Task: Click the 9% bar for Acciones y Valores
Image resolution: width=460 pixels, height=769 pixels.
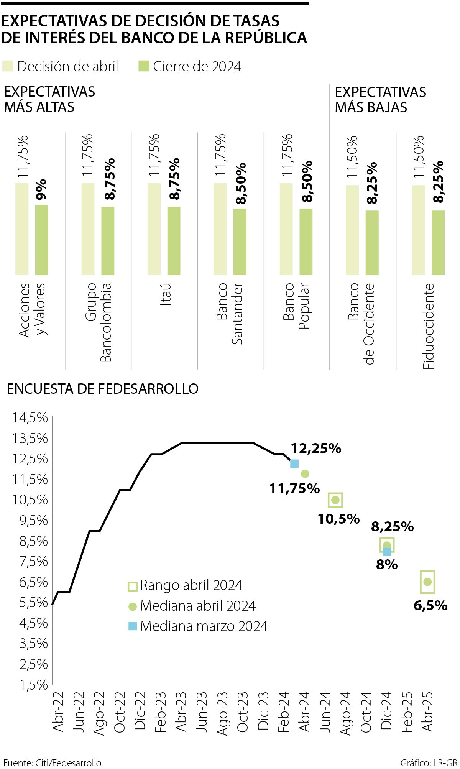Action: click(x=42, y=240)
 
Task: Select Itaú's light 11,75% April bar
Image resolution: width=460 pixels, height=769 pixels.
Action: click(x=154, y=229)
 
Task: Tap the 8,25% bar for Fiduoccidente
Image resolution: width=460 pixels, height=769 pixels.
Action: click(x=438, y=242)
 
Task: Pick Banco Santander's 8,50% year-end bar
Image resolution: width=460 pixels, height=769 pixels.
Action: click(x=240, y=242)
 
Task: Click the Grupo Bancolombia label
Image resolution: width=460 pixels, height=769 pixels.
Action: click(x=98, y=322)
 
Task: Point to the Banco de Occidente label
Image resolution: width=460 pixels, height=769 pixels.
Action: click(x=361, y=324)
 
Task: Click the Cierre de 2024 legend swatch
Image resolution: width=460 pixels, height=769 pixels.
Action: click(x=144, y=66)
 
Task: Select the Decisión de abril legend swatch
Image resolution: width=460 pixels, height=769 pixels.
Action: click(x=8, y=66)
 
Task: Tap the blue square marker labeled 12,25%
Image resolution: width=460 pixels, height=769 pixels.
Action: click(x=294, y=463)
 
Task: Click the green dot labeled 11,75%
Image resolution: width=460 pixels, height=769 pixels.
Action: click(x=305, y=473)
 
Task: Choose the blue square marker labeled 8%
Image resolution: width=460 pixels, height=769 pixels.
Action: click(x=387, y=551)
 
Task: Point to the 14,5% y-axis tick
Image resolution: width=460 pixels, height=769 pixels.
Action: click(x=30, y=418)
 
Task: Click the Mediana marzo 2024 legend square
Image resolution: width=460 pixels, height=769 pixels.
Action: click(x=132, y=626)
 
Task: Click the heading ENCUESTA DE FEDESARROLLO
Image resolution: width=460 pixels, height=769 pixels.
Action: click(x=103, y=389)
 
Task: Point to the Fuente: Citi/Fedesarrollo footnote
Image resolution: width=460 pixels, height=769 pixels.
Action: click(x=53, y=762)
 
